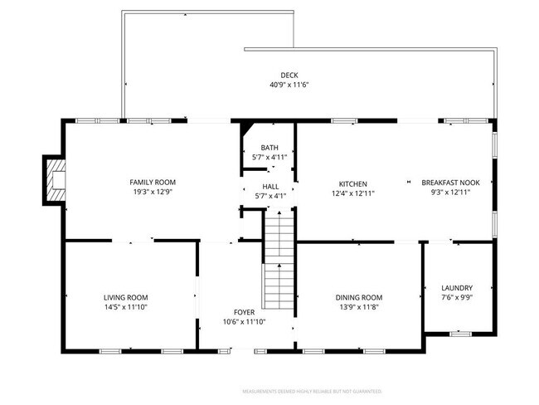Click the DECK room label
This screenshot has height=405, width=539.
pyautogui.click(x=289, y=75)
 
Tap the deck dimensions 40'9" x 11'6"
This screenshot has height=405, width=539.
pyautogui.click(x=289, y=85)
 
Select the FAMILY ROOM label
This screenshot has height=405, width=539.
pyautogui.click(x=153, y=182)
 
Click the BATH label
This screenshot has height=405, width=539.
pyautogui.click(x=269, y=147)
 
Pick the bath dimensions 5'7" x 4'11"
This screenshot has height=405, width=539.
pyautogui.click(x=269, y=157)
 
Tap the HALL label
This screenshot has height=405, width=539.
pyautogui.click(x=270, y=187)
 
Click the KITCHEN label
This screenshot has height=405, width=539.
pyautogui.click(x=352, y=183)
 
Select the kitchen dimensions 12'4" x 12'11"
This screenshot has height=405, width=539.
pyautogui.click(x=352, y=193)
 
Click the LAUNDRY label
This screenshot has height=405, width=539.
pyautogui.click(x=457, y=287)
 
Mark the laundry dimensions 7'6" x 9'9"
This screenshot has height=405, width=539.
pyautogui.click(x=457, y=297)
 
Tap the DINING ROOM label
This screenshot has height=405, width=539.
pyautogui.click(x=359, y=297)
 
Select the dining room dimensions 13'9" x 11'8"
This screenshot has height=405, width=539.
pyautogui.click(x=359, y=307)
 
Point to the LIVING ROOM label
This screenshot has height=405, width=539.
pyautogui.click(x=126, y=297)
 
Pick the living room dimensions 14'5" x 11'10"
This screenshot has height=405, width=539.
pyautogui.click(x=126, y=307)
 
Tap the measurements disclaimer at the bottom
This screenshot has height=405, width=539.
pyautogui.click(x=311, y=390)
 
